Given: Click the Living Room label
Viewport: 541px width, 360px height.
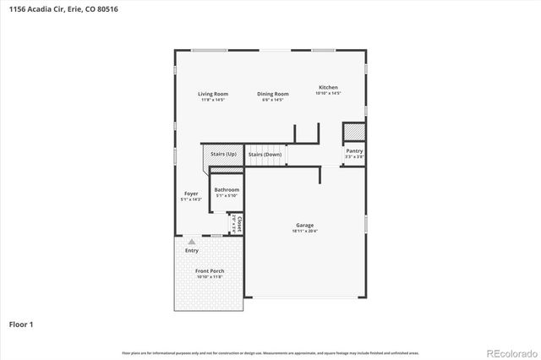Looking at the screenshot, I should (213, 94).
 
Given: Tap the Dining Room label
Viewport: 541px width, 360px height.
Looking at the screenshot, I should (273, 94).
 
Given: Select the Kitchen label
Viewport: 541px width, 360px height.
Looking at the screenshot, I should (328, 88).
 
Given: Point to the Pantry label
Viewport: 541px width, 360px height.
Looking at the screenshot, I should (354, 150).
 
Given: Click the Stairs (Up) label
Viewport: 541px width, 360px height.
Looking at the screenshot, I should (223, 155).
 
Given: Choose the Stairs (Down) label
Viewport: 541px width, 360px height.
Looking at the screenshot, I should (265, 155).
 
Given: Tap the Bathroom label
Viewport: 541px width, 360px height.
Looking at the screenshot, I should (227, 190).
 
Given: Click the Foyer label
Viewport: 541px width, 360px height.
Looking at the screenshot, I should (191, 194).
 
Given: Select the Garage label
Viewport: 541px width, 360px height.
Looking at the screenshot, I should (304, 225).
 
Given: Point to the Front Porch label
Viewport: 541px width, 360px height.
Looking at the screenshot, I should (210, 271).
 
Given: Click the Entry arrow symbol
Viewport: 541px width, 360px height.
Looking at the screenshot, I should (191, 243).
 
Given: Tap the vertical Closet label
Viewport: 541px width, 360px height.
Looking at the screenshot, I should (240, 224).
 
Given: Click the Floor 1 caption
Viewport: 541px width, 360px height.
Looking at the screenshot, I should (21, 324).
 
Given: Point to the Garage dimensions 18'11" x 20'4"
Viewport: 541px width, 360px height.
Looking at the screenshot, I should (304, 231).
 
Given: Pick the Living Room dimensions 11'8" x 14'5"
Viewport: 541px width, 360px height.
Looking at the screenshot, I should (213, 100).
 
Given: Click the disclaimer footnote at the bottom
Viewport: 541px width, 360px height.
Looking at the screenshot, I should (270, 352).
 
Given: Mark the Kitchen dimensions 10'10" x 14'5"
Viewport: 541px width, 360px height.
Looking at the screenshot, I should (328, 94).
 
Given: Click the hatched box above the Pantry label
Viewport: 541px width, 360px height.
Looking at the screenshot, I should (354, 133).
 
